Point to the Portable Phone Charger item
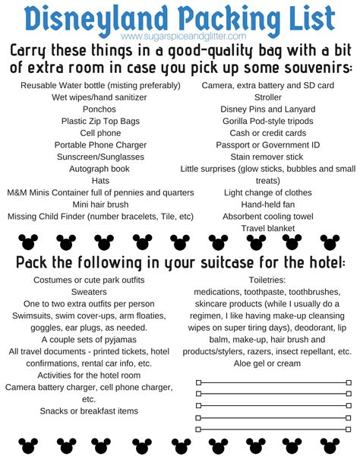point(89,144)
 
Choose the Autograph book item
point(89,169)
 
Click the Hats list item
point(89,181)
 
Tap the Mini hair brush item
point(89,204)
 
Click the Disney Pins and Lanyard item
point(267,109)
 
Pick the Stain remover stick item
point(267,157)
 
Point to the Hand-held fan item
point(267,204)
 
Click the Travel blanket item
point(267,228)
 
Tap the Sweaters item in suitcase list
point(89,292)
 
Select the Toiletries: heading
point(267,281)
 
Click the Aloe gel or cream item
point(267,364)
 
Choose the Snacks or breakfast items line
point(89,411)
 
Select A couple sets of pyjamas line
point(89,340)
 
